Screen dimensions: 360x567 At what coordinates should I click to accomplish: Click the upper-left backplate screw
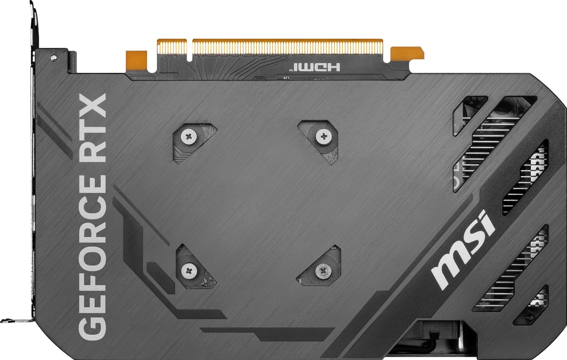(189, 137)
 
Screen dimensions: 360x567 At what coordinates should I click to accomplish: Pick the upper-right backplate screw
(323, 137)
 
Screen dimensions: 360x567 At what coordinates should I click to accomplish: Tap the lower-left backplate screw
(189, 270)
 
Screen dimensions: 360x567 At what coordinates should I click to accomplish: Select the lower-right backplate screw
(323, 270)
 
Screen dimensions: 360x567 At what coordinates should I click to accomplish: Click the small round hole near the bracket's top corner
(54, 57)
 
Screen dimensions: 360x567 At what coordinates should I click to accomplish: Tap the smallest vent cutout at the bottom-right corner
(532, 305)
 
